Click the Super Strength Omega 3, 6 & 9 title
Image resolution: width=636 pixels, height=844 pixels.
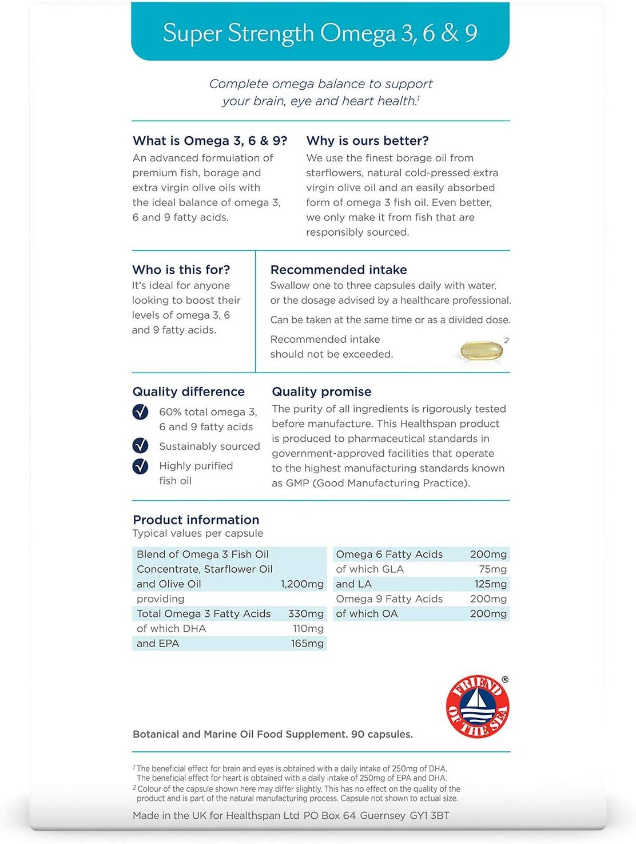click(x=320, y=33)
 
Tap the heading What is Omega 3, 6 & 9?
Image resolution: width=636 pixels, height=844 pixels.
click(x=209, y=141)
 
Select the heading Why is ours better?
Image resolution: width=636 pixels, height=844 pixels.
click(x=367, y=141)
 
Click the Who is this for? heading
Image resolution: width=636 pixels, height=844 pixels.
click(x=181, y=270)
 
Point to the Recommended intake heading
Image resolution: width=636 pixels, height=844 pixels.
click(x=339, y=270)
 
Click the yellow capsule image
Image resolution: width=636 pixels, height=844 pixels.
click(x=482, y=351)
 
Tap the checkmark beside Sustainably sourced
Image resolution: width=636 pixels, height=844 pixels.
click(x=140, y=446)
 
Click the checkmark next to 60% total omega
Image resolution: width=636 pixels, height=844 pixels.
click(x=140, y=412)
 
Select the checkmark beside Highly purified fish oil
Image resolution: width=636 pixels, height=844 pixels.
click(x=140, y=466)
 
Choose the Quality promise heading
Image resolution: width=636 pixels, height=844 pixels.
click(x=321, y=391)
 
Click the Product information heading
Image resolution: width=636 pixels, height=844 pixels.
click(x=196, y=520)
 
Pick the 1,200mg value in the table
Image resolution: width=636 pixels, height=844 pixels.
click(x=302, y=584)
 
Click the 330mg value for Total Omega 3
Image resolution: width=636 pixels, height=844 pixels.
click(x=306, y=614)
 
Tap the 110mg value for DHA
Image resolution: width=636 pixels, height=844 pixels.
click(x=308, y=629)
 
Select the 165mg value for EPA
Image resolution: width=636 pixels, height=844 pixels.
click(x=307, y=644)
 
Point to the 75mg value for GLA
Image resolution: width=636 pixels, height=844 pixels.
click(x=493, y=569)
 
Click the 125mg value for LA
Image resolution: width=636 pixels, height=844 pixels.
click(x=491, y=584)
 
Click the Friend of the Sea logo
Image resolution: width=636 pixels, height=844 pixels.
click(x=477, y=707)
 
